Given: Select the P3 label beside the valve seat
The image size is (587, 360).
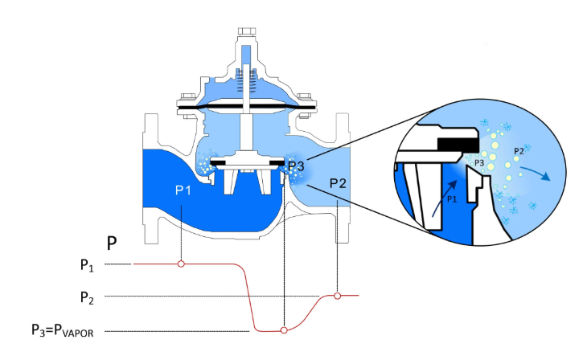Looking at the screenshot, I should click(x=296, y=167).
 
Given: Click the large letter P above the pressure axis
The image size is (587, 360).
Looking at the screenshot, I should click(x=113, y=242).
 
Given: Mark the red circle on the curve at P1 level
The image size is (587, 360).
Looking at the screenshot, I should click(x=181, y=264).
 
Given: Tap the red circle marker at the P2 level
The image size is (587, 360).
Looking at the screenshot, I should click(x=338, y=296).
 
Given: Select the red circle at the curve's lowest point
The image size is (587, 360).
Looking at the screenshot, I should click(x=283, y=330).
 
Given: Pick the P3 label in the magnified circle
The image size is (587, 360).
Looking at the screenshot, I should click(x=478, y=163).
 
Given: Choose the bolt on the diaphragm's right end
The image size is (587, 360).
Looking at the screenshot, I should click(x=307, y=106).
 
